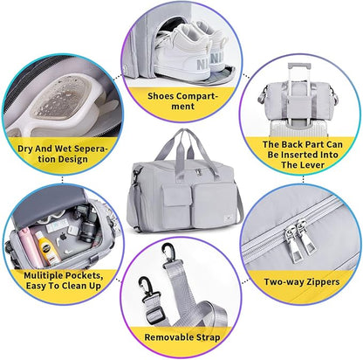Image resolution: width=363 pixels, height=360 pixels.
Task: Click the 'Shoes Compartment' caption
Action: point(182,100)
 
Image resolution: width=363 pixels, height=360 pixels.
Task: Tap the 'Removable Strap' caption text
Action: point(182,337)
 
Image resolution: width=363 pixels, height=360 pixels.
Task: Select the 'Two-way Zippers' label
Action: point(302,282)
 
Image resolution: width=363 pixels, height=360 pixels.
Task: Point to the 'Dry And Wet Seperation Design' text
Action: point(62,154)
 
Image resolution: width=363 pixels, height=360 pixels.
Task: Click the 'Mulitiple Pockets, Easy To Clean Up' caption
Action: point(64,280)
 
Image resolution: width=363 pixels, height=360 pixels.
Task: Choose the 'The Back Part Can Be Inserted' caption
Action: point(303,155)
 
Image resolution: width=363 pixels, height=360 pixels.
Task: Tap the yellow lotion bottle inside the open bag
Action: point(48,246)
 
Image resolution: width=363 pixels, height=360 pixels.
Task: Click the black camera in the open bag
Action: point(86,222)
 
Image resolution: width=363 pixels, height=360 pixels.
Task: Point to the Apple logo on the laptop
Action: point(64,237)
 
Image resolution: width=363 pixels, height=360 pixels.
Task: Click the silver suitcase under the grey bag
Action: point(298,128)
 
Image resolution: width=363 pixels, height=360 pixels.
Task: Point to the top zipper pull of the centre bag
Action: point(199,171)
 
